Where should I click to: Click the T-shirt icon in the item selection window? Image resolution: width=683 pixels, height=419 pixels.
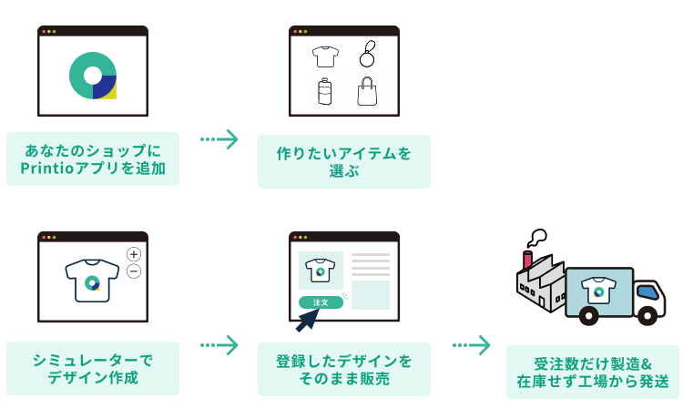(x=325, y=56)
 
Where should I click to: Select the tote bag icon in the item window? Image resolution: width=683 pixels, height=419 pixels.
(x=367, y=92)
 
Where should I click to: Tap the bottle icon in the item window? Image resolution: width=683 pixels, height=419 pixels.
(x=324, y=91)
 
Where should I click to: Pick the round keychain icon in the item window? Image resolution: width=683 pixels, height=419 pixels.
(x=367, y=56)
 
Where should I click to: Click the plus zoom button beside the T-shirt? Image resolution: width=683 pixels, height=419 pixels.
(x=134, y=254)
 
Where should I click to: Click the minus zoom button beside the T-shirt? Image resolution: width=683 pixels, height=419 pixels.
(x=134, y=271)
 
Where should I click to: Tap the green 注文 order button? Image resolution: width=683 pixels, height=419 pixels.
(x=321, y=301)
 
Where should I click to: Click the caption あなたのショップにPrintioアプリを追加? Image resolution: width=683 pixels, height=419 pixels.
(x=93, y=158)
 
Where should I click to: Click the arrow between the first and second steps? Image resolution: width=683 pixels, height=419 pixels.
(x=219, y=139)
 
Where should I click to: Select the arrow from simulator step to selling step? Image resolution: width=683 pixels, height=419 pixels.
(x=219, y=345)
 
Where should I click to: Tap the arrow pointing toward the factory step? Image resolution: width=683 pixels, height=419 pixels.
(x=472, y=345)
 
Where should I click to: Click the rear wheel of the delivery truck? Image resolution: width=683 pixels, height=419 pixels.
(x=590, y=317)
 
